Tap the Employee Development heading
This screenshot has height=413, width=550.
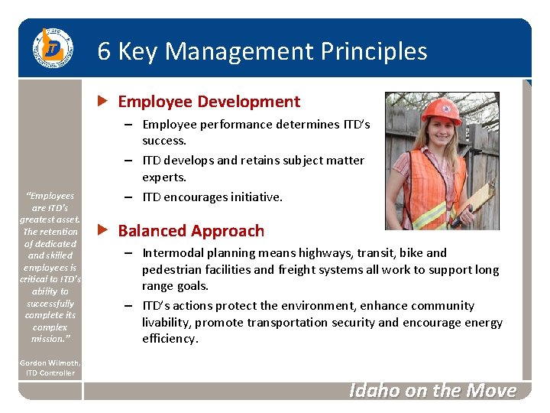pyautogui.click(x=209, y=102)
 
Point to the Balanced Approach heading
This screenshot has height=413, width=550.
pyautogui.click(x=191, y=231)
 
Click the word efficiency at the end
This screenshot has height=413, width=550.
pyautogui.click(x=170, y=338)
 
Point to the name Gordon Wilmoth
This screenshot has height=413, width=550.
pyautogui.click(x=50, y=363)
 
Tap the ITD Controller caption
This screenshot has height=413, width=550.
pyautogui.click(x=49, y=373)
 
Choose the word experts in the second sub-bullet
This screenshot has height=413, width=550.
pyautogui.click(x=164, y=177)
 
